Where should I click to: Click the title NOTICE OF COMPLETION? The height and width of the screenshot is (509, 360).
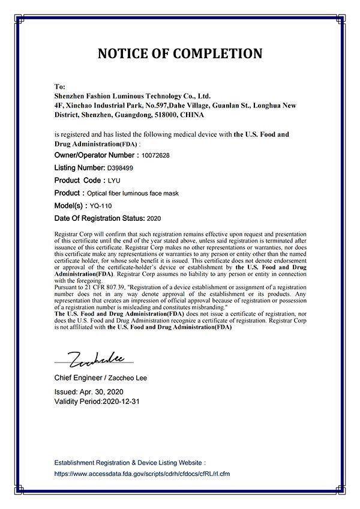pos(179,53)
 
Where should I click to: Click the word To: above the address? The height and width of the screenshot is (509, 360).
pos(59,86)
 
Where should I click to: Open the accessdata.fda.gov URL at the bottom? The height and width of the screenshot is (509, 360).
pos(142,474)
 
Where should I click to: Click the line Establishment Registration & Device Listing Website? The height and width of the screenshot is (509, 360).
pos(130,463)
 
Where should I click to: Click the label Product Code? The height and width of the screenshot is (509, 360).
pos(78,181)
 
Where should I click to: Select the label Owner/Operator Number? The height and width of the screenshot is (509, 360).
pos(96,155)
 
